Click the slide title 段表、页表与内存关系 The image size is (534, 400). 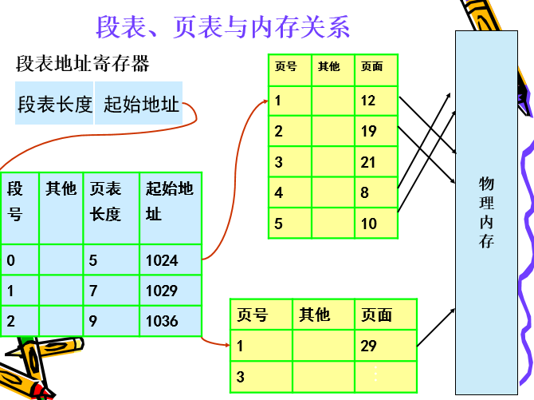(223, 27)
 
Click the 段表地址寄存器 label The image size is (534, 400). (83, 63)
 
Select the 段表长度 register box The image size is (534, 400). (55, 105)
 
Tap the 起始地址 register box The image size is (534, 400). (141, 105)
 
